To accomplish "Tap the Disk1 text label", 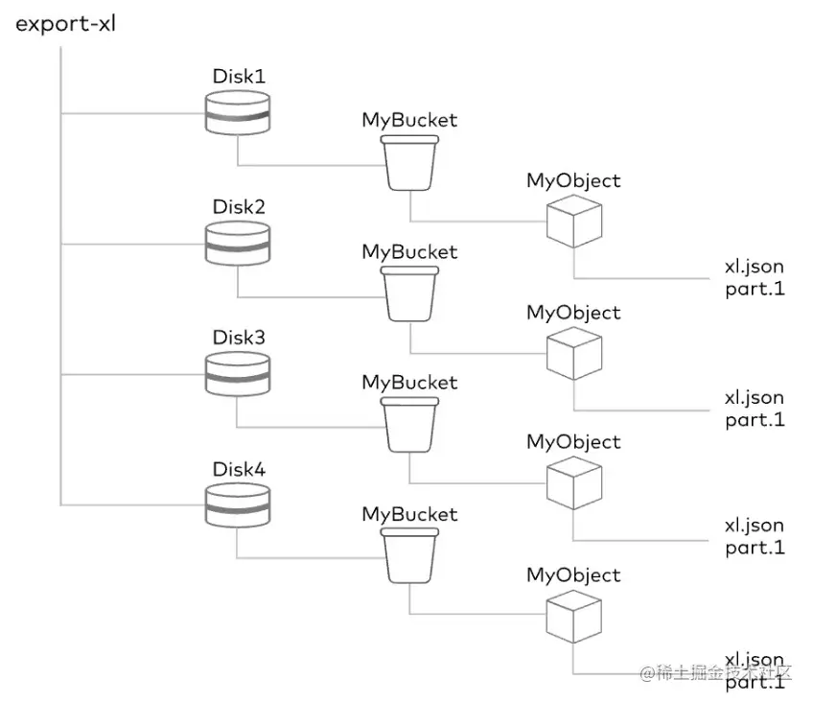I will pos(239,76).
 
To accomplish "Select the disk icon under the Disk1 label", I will pos(238,113).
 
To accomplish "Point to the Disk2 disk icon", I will pos(238,245).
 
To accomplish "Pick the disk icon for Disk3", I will pos(238,375).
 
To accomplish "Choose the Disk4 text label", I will pos(239,470).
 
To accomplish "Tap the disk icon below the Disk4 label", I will pos(238,506).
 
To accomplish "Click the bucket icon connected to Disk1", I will pos(409,163).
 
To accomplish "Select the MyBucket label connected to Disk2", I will pos(409,251).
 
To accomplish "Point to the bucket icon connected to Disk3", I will pos(409,426).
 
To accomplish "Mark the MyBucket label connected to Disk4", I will pos(409,514).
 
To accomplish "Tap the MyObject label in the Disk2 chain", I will pos(573,313).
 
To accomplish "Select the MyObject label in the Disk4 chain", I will pos(573,574).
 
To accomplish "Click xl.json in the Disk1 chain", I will pos(754,267).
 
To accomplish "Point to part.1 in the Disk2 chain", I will pos(755,419).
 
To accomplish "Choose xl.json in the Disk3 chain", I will pos(754,526).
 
